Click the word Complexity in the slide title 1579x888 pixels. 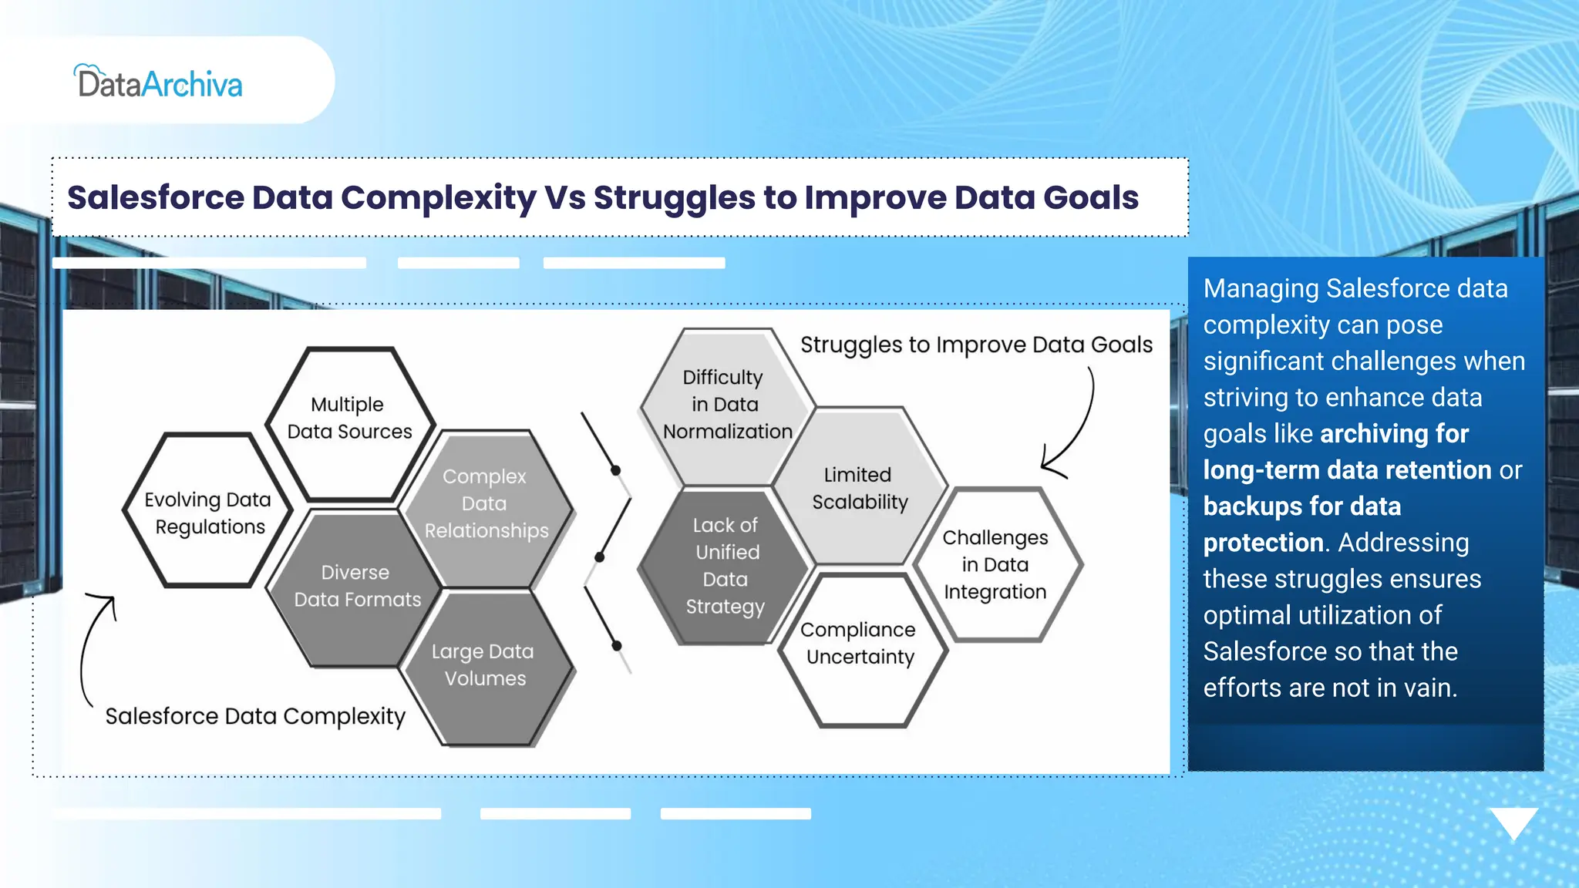[x=438, y=198]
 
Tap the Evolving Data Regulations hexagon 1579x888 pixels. [x=207, y=513]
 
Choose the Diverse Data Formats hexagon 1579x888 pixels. [x=356, y=587]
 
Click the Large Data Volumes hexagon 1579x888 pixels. [x=484, y=665]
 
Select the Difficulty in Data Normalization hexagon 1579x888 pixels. [x=725, y=405]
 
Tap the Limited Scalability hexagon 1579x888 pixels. [x=859, y=488]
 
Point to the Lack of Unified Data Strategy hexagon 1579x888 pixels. [x=725, y=566]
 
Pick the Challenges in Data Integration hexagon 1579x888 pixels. [x=995, y=564]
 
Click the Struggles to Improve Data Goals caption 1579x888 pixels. [x=975, y=345]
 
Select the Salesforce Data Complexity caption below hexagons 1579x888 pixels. [x=254, y=716]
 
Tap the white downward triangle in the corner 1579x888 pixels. [x=1513, y=822]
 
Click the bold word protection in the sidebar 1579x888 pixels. [x=1263, y=543]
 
